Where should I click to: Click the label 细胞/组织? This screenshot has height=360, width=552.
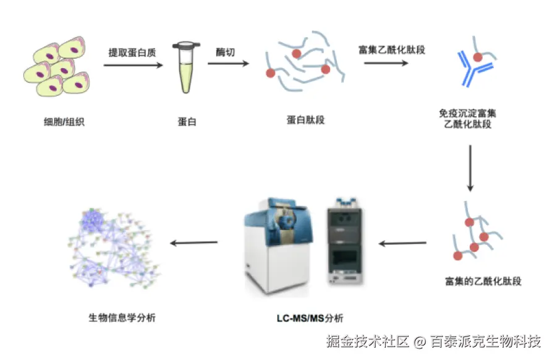pyautogui.click(x=59, y=122)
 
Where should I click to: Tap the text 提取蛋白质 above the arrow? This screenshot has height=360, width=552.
pyautogui.click(x=132, y=53)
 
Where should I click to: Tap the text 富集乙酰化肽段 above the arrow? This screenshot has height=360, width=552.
pyautogui.click(x=392, y=49)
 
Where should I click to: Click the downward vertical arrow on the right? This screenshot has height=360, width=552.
pyautogui.click(x=470, y=168)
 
